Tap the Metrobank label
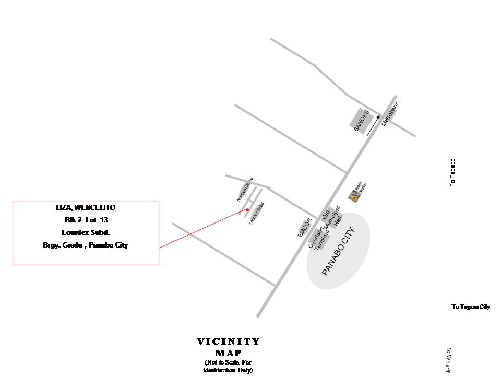click(390, 113)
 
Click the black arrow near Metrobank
click(373, 126)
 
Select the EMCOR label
click(304, 228)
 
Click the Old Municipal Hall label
click(331, 219)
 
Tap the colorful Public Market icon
click(354, 196)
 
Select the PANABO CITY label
click(338, 251)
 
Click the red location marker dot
click(247, 210)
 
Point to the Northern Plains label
click(245, 189)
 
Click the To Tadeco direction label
click(452, 172)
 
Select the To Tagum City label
click(471, 307)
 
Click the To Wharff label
click(448, 360)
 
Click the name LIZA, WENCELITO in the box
click(86, 208)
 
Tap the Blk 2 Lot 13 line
click(86, 220)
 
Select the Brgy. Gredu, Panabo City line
click(86, 245)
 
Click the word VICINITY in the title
click(228, 342)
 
